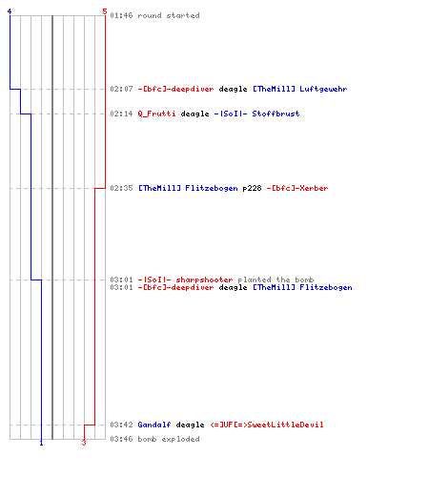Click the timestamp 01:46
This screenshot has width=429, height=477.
[121, 15]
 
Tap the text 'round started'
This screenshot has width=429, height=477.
[169, 15]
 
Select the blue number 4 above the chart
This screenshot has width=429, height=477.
[10, 11]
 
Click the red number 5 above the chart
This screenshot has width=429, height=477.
[105, 11]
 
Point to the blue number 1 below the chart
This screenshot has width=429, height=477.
[41, 443]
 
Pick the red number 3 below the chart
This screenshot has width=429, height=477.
[84, 443]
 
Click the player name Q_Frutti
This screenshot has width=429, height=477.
[156, 114]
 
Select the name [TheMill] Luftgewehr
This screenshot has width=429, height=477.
[300, 89]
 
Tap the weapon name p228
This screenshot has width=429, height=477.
[252, 188]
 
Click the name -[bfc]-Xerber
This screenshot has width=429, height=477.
[297, 188]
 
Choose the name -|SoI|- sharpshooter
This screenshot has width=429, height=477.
[185, 280]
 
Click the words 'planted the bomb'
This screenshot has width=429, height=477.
[276, 280]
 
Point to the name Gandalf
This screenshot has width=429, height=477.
[154, 425]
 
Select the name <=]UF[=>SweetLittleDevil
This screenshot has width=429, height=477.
[267, 425]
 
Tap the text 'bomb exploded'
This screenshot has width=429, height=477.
[169, 439]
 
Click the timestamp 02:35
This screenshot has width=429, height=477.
[121, 188]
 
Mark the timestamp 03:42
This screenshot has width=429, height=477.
[121, 425]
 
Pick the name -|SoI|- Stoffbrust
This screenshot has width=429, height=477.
[256, 114]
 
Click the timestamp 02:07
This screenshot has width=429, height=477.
[121, 89]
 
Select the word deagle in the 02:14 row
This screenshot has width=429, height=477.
[194, 114]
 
